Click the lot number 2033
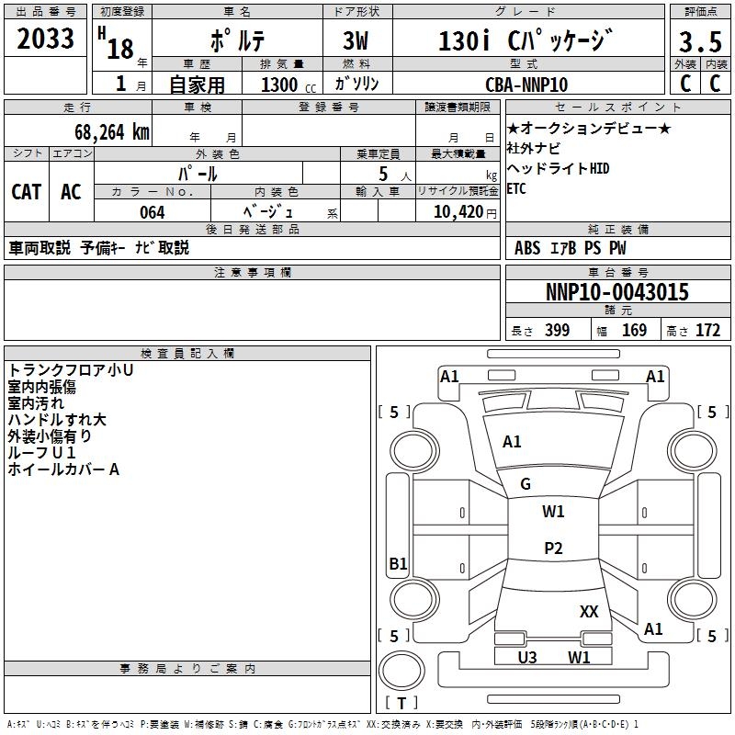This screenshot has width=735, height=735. tap(46, 40)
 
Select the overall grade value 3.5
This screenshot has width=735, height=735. tap(699, 42)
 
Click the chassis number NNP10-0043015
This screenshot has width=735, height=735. tap(617, 292)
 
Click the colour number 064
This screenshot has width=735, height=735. tap(152, 212)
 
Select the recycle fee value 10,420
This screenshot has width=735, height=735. tap(457, 212)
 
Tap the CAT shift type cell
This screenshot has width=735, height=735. tap(27, 191)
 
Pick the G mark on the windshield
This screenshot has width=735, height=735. tap(526, 484)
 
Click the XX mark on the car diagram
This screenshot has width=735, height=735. tap(589, 611)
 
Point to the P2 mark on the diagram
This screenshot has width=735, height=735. tap(553, 548)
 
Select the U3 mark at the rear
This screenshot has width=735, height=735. tap(527, 657)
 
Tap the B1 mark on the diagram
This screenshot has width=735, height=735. tap(398, 564)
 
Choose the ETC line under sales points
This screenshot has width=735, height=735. tap(517, 189)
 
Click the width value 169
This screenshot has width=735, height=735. tap(635, 331)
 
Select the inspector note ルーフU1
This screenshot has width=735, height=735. tap(41, 453)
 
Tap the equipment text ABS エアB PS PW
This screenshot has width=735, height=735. tap(571, 247)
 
